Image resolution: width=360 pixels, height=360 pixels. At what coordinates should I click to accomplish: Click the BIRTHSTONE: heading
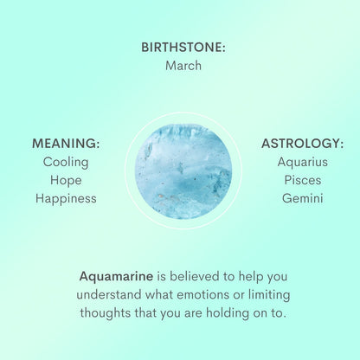click(x=183, y=48)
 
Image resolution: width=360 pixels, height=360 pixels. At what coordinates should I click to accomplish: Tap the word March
click(x=183, y=66)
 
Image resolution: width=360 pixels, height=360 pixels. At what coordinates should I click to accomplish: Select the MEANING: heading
click(x=66, y=144)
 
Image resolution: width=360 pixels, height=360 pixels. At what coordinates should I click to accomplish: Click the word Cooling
click(x=66, y=162)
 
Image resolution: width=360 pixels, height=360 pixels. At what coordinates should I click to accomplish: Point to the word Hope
click(x=66, y=180)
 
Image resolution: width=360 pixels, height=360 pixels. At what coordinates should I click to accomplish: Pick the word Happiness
click(x=66, y=198)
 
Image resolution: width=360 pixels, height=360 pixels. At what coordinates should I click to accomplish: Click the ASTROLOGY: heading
click(x=302, y=144)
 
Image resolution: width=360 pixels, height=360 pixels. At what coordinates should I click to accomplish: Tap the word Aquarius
click(x=302, y=162)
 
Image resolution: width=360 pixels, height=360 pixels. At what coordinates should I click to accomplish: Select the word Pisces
click(x=302, y=180)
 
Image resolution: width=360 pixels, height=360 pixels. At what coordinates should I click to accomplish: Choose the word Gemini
click(x=302, y=198)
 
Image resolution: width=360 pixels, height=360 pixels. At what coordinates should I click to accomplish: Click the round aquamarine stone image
click(x=183, y=170)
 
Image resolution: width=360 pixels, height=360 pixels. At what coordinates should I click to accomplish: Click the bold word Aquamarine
click(x=116, y=277)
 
